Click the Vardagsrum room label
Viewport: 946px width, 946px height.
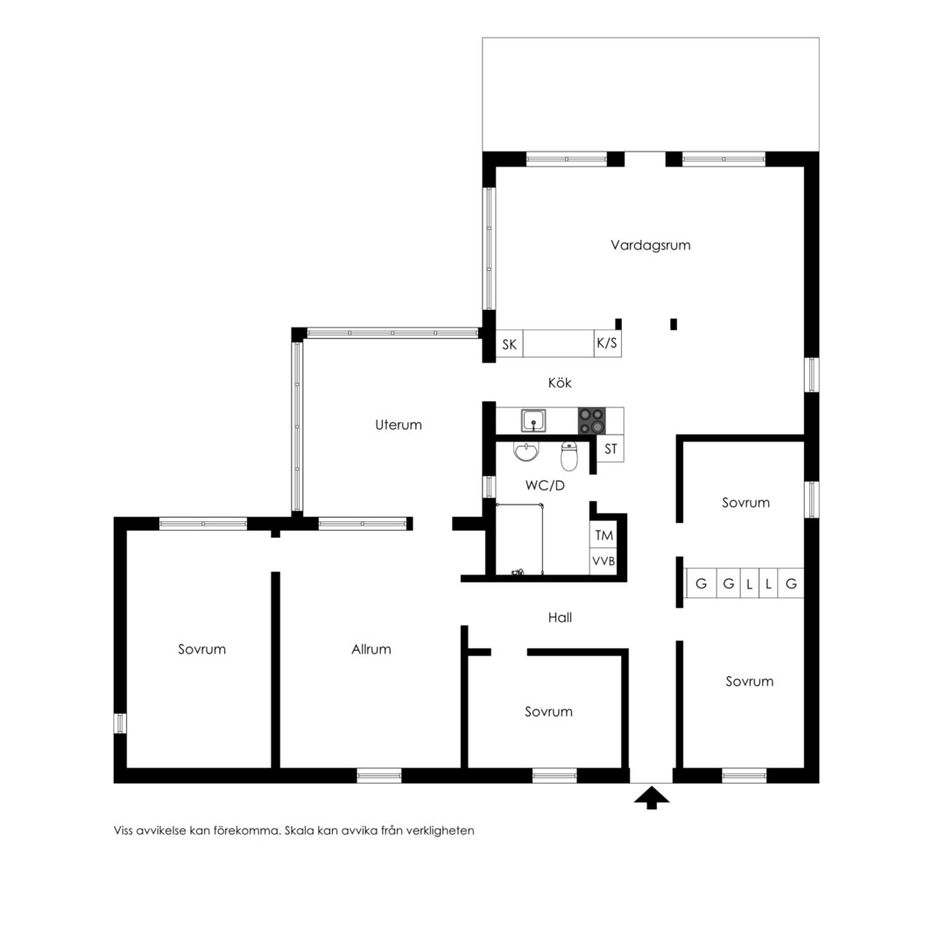(x=650, y=245)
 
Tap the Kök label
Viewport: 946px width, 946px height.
(x=560, y=383)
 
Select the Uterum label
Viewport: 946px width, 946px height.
(x=399, y=425)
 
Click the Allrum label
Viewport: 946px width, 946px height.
(x=371, y=649)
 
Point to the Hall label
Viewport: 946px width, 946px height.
(x=560, y=618)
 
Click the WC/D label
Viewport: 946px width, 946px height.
(x=545, y=485)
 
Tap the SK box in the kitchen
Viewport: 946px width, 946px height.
(x=509, y=344)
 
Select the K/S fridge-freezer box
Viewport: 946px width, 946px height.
(x=608, y=343)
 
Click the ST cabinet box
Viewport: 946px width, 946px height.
(x=611, y=448)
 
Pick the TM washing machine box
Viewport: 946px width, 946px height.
(x=604, y=534)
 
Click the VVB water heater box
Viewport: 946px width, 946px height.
(x=604, y=561)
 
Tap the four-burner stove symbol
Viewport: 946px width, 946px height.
(x=592, y=420)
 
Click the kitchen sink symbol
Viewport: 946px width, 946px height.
(x=534, y=420)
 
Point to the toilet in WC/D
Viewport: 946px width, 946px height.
(x=569, y=456)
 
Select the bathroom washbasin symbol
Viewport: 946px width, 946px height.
(x=526, y=451)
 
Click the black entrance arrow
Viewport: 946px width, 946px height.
(x=652, y=798)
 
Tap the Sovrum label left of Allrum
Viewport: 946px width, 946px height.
(x=201, y=649)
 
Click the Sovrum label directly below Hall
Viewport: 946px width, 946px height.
(x=548, y=711)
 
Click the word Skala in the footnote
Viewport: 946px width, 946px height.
(x=300, y=830)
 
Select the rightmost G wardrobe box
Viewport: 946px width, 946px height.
(x=791, y=583)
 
